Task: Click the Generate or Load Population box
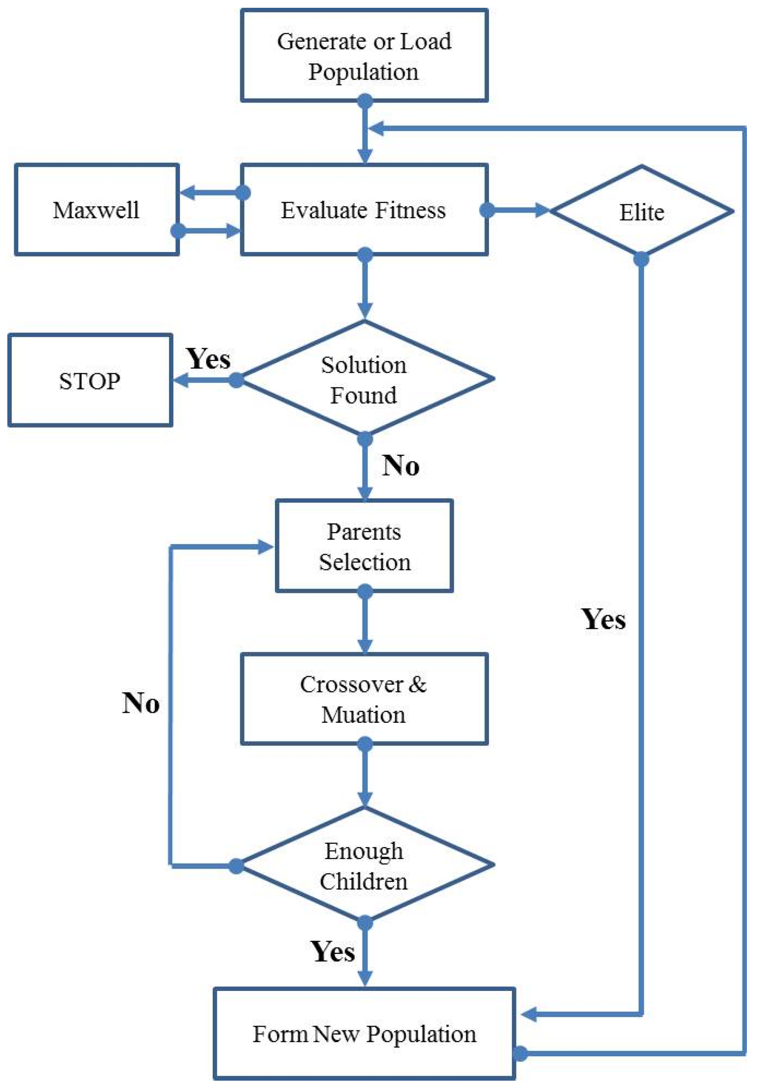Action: (x=363, y=55)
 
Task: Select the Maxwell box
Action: (x=96, y=210)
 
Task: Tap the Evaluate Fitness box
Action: (x=363, y=210)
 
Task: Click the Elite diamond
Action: (x=641, y=212)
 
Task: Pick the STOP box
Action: (x=90, y=381)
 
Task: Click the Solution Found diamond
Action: (x=363, y=379)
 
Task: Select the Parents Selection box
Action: (x=363, y=546)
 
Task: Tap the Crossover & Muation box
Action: (x=363, y=699)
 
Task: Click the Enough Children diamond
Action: (x=363, y=865)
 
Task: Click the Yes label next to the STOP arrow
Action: (x=208, y=359)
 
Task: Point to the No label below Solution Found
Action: (x=400, y=465)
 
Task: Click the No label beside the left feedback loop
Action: (x=140, y=703)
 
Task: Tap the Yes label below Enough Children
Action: (x=333, y=951)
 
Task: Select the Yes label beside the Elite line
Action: (x=603, y=619)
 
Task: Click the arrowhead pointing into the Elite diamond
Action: (x=542, y=210)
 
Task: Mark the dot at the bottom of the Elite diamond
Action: (x=641, y=259)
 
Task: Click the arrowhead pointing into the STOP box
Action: (x=180, y=380)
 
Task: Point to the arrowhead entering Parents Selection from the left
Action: (x=265, y=547)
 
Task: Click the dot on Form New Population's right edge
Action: (x=520, y=1053)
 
